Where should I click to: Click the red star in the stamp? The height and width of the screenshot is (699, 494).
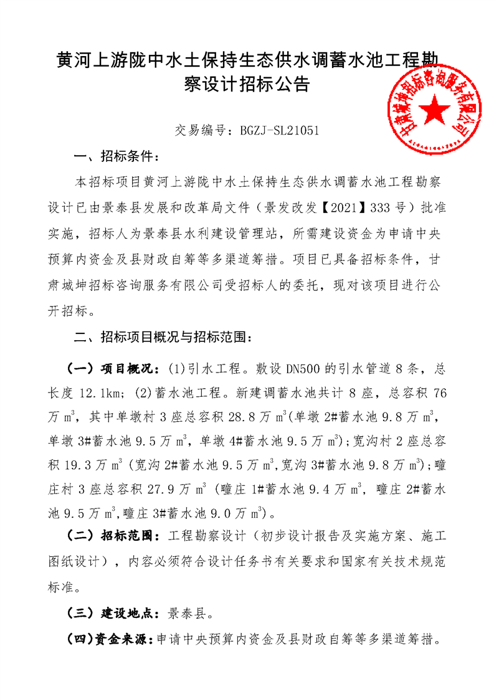pos(434,111)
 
